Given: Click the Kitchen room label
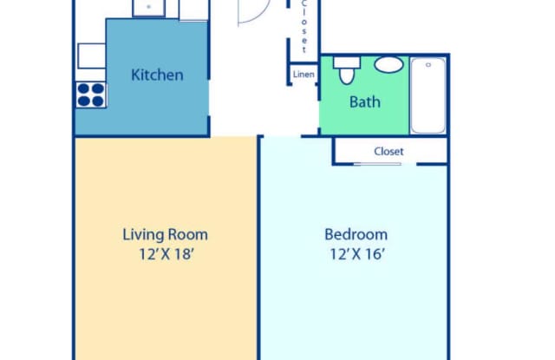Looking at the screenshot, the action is coord(157,75).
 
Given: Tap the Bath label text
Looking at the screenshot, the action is coord(365,102).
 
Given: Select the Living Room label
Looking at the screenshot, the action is coord(165,235).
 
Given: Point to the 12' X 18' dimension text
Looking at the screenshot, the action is coord(166,254).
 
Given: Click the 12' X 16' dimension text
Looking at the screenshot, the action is coord(357,254).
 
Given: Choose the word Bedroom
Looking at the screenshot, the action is coord(356,235).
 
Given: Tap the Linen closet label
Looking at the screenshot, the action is coord(304,75).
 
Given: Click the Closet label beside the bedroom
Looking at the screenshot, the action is coord(388,152).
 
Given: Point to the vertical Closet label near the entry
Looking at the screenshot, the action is coord(304,27).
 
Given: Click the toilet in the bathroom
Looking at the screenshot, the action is coord(347,70).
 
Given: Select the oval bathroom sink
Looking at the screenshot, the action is coord(388,65).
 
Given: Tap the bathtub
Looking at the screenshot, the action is coord(428,95).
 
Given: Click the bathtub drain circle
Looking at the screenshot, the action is coord(428,65).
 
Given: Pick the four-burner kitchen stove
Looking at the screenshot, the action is coord(91,95).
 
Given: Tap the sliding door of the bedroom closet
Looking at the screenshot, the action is coord(377,164).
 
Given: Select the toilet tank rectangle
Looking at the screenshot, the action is coord(347,62).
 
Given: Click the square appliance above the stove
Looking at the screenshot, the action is coord(92,56).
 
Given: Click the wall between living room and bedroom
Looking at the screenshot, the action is coord(258,248).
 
